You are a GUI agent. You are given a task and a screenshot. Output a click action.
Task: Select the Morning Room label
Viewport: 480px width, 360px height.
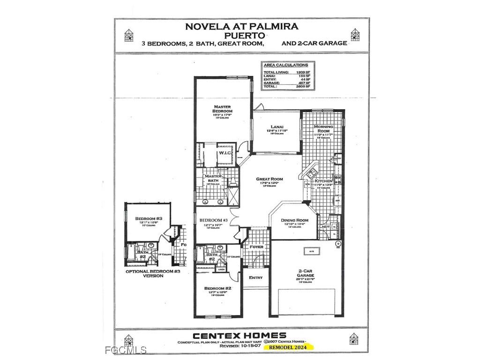[323, 129]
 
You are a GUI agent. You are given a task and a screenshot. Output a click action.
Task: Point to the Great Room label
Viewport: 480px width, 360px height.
[269, 179]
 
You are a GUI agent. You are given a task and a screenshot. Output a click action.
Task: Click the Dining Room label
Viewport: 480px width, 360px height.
[294, 220]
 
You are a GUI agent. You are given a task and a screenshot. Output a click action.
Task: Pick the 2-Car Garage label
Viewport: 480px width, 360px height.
[305, 273]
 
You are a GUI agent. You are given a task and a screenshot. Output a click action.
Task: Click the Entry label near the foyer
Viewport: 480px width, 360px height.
[256, 277]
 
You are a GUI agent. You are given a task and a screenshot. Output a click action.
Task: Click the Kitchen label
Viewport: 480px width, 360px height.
[323, 181]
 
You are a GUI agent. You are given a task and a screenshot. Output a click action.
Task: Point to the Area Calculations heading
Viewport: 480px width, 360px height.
[285, 65]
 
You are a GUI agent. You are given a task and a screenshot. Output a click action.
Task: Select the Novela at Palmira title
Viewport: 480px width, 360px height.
[241, 26]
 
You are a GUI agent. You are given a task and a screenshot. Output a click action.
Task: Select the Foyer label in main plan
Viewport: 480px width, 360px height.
[256, 247]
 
